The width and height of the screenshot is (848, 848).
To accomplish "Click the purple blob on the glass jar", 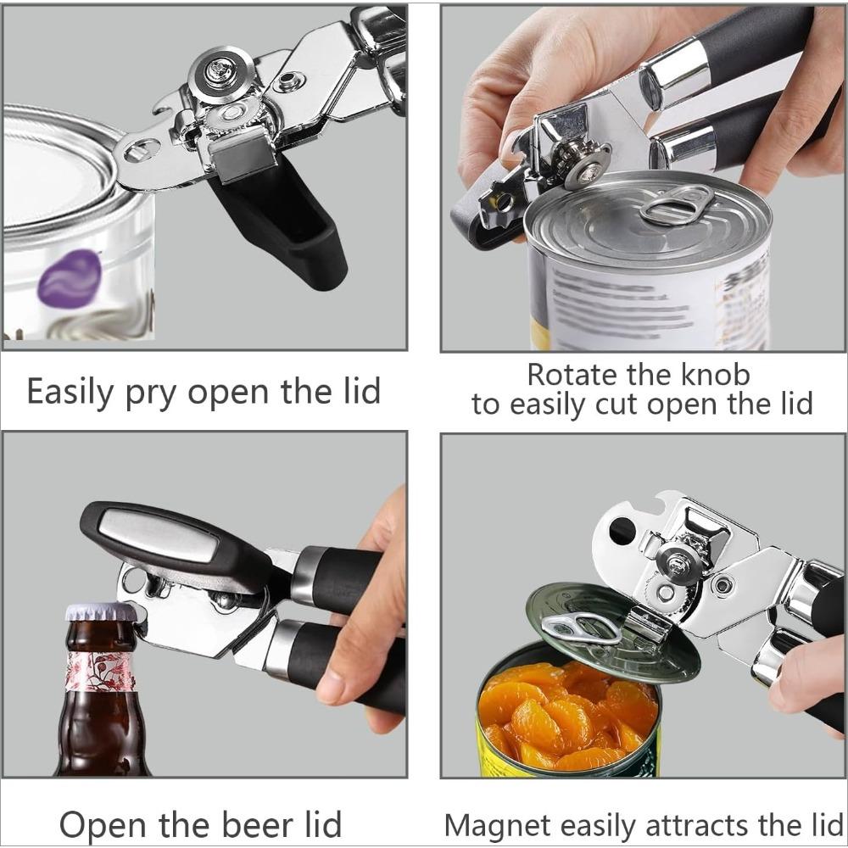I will tap(70, 278).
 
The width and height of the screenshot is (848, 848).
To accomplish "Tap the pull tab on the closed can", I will tap(676, 206).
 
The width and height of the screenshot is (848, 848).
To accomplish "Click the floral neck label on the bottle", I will tap(100, 671).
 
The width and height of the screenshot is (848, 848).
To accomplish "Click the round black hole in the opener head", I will tap(622, 531).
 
